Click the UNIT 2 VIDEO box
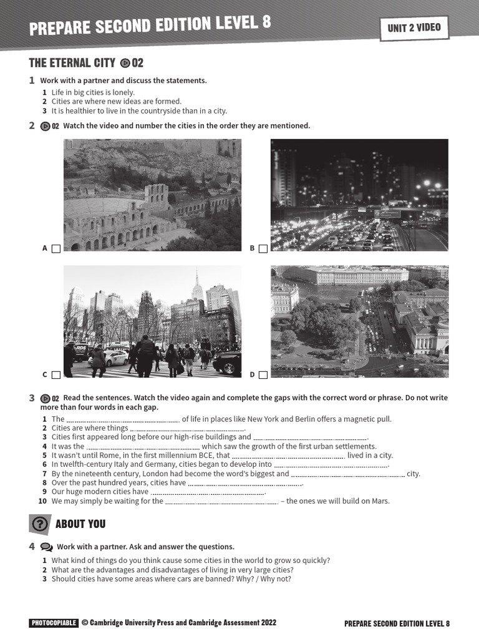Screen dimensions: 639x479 [414, 27]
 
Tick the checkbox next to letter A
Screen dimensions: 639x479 [56, 248]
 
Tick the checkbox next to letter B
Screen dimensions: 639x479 [263, 248]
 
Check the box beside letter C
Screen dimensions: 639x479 [56, 375]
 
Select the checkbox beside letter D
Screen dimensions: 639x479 [263, 375]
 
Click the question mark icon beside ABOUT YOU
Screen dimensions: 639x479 [39, 524]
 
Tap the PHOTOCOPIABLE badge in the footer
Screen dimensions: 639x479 [54, 623]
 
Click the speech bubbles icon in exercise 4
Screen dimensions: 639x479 [46, 547]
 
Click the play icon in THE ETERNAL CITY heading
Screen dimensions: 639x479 [125, 62]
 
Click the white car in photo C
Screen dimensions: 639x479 [116, 358]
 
